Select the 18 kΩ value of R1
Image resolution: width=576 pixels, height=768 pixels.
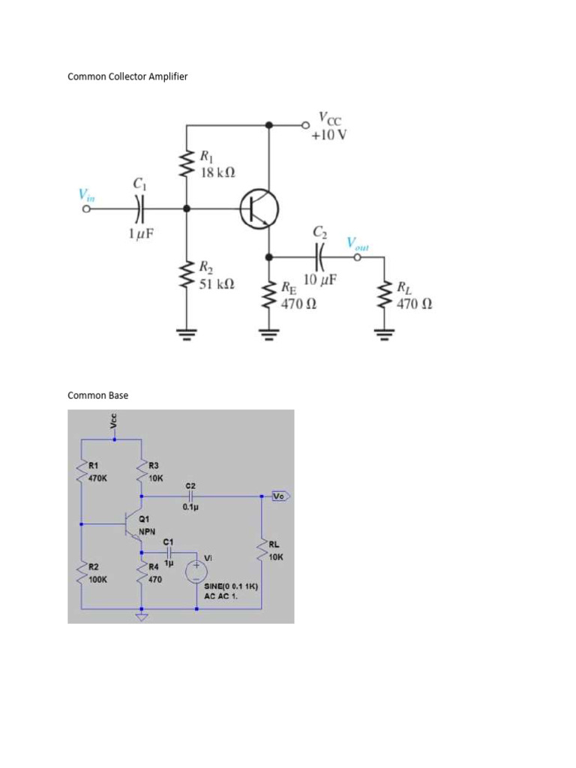pyautogui.click(x=217, y=172)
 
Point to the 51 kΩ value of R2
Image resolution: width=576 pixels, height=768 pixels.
pyautogui.click(x=217, y=283)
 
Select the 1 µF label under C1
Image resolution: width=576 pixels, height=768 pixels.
pyautogui.click(x=140, y=235)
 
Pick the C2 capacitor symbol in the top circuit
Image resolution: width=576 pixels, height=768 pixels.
pyautogui.click(x=320, y=257)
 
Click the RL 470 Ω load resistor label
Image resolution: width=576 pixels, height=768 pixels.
pyautogui.click(x=414, y=296)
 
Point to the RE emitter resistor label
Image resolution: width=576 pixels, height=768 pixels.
pyautogui.click(x=289, y=286)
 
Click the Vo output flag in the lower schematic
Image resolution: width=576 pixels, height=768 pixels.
pyautogui.click(x=279, y=496)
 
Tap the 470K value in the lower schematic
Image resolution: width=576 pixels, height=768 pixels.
pyautogui.click(x=97, y=477)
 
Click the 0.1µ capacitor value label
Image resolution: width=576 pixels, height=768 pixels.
pyautogui.click(x=189, y=507)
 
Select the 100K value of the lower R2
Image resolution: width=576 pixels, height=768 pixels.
pyautogui.click(x=97, y=580)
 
